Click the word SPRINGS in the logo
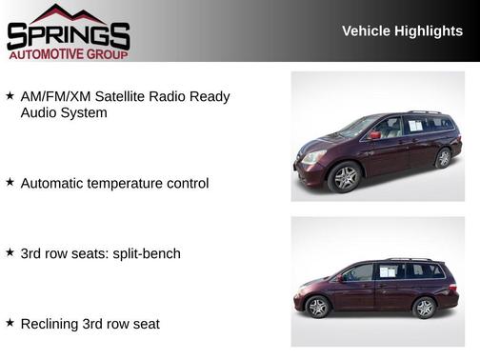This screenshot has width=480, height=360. [x=68, y=36]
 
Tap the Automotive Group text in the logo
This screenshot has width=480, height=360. [x=68, y=54]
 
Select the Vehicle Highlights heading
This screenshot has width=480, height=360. [x=402, y=31]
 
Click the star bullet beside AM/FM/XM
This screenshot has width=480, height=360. [x=10, y=96]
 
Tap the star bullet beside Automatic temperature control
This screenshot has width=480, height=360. [x=10, y=182]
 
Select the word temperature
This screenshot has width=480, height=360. [x=130, y=183]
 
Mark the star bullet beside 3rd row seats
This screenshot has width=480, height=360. [x=10, y=252]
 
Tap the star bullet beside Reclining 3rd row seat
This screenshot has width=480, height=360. [x=10, y=323]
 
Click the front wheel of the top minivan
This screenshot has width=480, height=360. [x=344, y=176]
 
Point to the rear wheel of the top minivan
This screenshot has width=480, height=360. [x=443, y=158]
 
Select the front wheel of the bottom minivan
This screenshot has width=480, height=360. [x=317, y=307]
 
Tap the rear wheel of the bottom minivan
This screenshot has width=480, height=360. [x=424, y=307]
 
